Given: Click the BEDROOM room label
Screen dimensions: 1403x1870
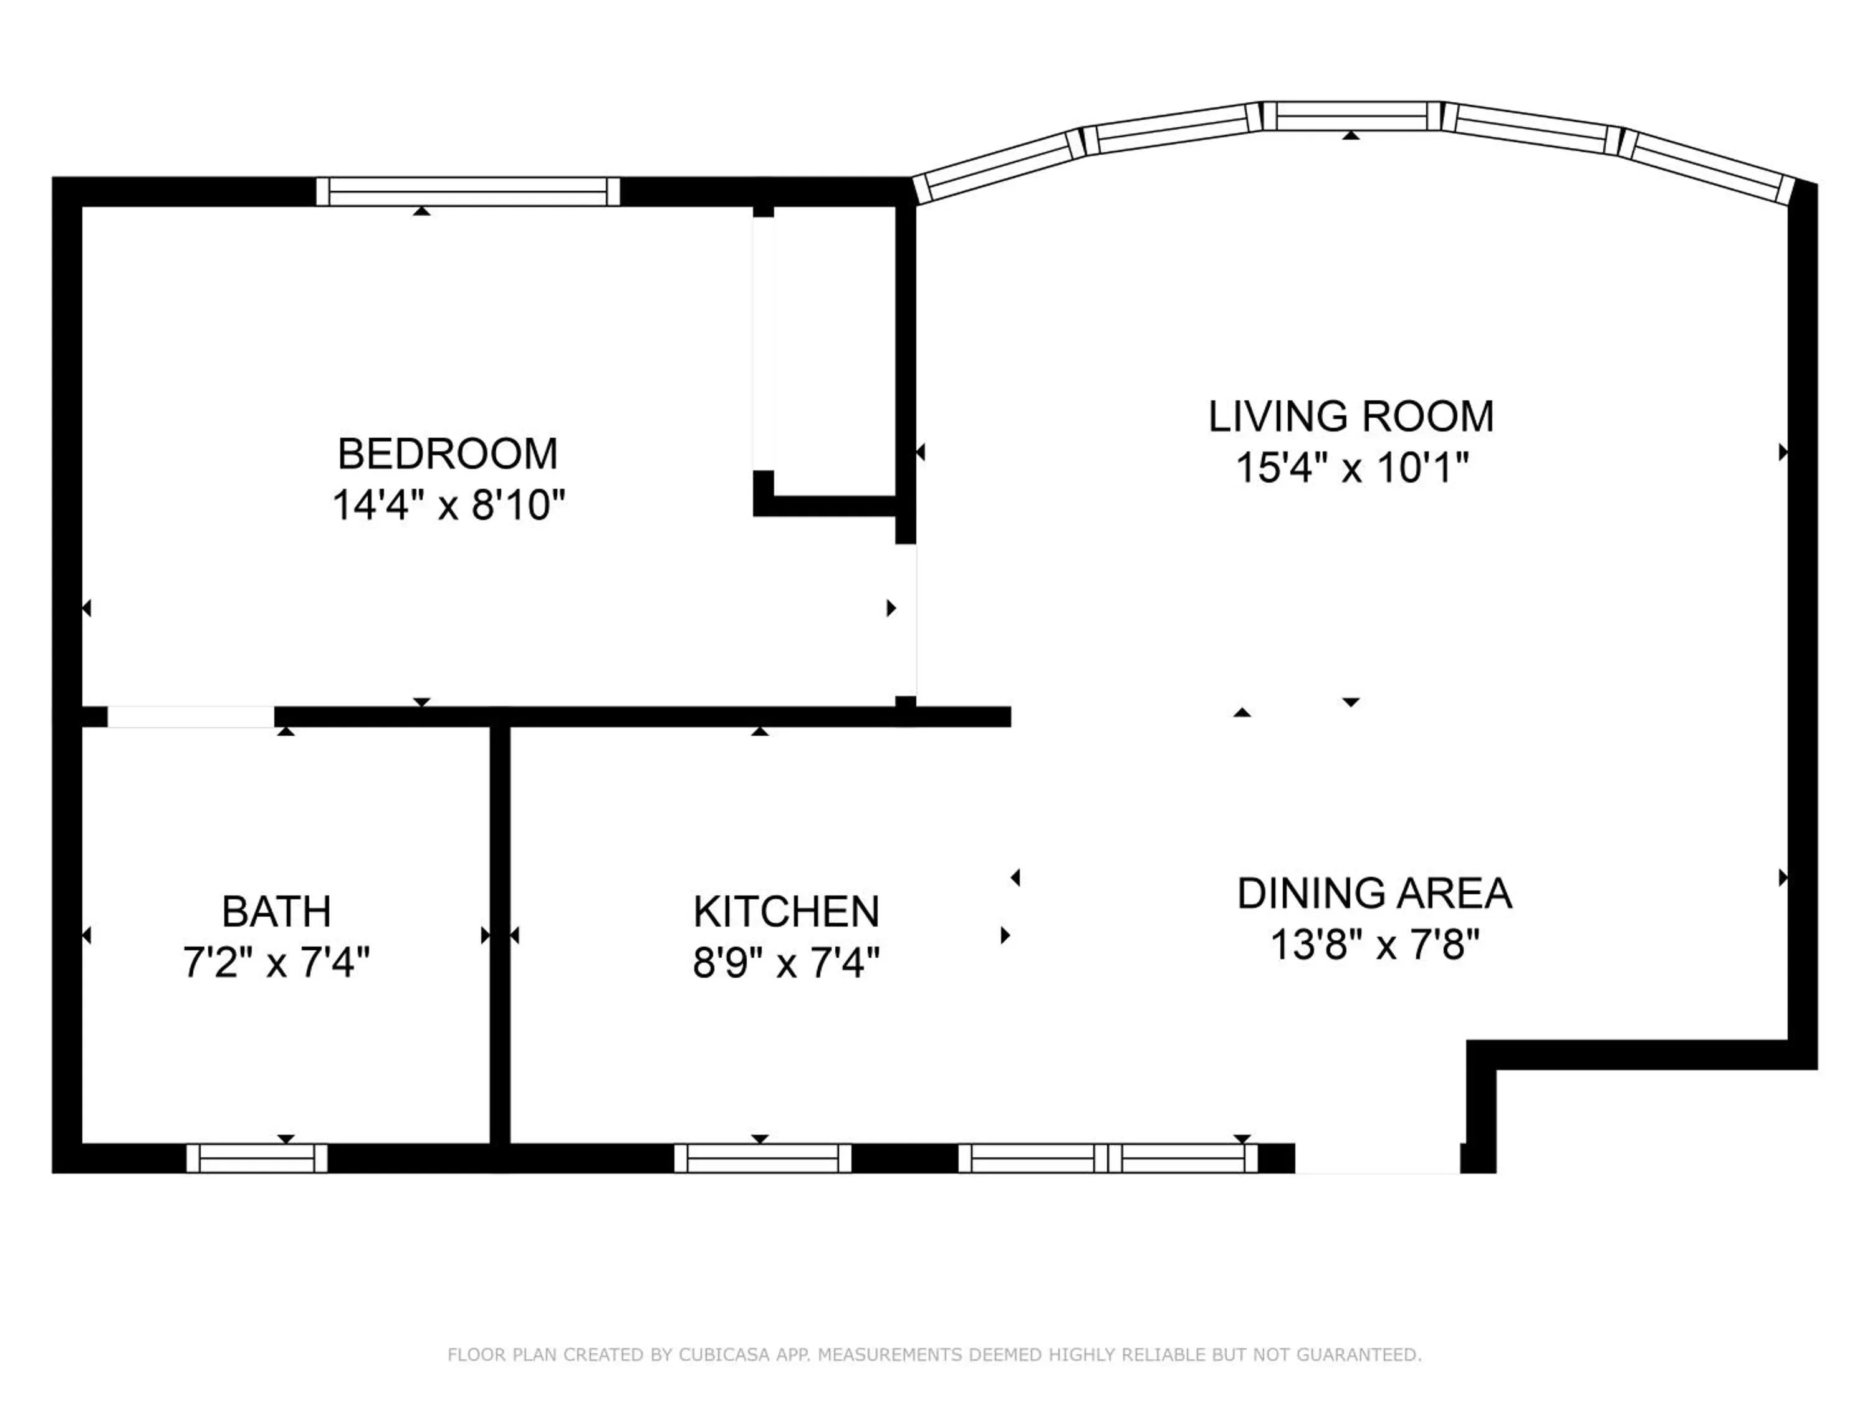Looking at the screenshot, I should pyautogui.click(x=447, y=454).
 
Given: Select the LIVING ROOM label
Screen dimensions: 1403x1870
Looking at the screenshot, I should pyautogui.click(x=1350, y=416).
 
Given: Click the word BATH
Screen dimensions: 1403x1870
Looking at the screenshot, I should pyautogui.click(x=276, y=912).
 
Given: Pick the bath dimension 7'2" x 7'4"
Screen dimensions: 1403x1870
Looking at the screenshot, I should pyautogui.click(x=276, y=962).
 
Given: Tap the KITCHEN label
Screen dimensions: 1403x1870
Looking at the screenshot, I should pyautogui.click(x=786, y=912).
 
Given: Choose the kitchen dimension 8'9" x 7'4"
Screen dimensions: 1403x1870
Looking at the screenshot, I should pyautogui.click(x=786, y=962).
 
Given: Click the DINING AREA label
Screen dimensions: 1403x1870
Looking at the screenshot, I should pyautogui.click(x=1374, y=893).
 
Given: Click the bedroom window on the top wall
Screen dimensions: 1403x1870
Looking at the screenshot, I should pyautogui.click(x=467, y=192).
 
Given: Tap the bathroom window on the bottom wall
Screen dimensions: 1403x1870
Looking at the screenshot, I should pyautogui.click(x=256, y=1158).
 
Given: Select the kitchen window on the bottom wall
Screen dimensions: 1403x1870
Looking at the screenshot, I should pyautogui.click(x=762, y=1158).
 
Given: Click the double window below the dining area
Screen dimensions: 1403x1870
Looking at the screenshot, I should pyautogui.click(x=1108, y=1158).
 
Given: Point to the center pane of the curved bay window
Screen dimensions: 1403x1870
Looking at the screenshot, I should pyautogui.click(x=1351, y=116).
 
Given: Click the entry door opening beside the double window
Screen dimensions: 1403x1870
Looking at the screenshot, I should pyautogui.click(x=1377, y=1158).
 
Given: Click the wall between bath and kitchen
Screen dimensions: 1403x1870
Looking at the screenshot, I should pyautogui.click(x=500, y=935).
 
